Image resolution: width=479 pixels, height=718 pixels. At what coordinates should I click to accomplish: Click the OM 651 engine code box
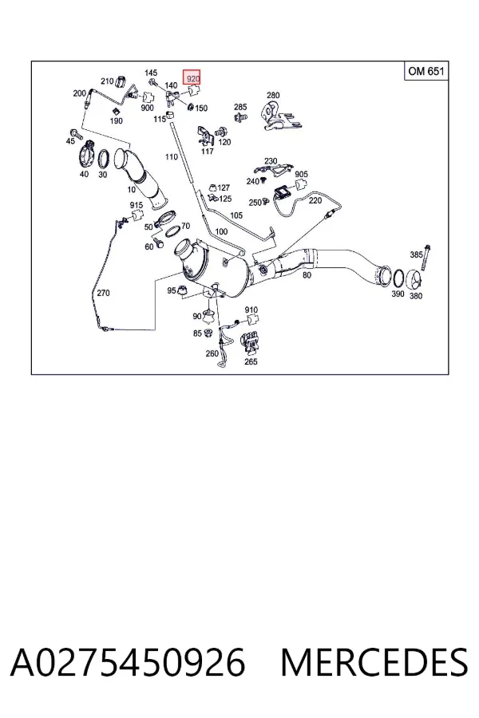pyautogui.click(x=426, y=71)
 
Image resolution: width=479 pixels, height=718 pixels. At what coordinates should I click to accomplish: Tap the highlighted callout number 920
pyautogui.click(x=192, y=78)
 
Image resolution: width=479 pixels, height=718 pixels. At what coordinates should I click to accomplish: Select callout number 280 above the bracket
pyautogui.click(x=273, y=95)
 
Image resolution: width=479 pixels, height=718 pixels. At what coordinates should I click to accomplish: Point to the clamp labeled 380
pyautogui.click(x=415, y=278)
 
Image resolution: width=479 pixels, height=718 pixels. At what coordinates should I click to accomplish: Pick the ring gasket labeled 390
pyautogui.click(x=399, y=278)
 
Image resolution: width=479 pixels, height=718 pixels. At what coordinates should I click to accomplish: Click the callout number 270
pyautogui.click(x=103, y=293)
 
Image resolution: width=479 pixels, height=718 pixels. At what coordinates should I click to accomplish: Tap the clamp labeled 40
pyautogui.click(x=87, y=155)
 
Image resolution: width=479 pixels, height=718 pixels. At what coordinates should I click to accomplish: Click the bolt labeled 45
pyautogui.click(x=75, y=134)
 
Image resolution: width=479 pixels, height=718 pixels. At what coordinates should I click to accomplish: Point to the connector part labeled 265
pyautogui.click(x=251, y=343)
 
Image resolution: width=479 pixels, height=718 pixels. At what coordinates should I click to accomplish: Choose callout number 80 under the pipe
pyautogui.click(x=307, y=275)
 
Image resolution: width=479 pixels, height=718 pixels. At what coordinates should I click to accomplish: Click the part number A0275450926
pyautogui.click(x=128, y=662)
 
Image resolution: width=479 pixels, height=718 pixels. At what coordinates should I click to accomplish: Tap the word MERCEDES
pyautogui.click(x=374, y=662)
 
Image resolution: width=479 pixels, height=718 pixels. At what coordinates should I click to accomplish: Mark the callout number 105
pyautogui.click(x=236, y=215)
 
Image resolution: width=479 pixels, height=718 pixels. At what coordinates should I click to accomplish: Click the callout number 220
pyautogui.click(x=315, y=200)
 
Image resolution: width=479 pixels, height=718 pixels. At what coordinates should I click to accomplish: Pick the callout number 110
pyautogui.click(x=172, y=156)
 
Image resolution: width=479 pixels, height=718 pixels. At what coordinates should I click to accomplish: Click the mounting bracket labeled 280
pyautogui.click(x=280, y=116)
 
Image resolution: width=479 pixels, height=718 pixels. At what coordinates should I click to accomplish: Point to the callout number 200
pyautogui.click(x=79, y=93)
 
